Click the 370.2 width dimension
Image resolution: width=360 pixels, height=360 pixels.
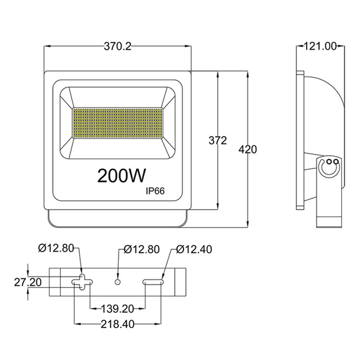(117, 46)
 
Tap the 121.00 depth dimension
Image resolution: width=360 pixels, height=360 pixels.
(320, 46)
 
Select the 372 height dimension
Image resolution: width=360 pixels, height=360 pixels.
(217, 140)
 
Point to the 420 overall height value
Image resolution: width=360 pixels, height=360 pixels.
(247, 149)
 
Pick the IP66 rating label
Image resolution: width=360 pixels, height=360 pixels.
(155, 191)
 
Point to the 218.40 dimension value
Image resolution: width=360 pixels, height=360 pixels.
(117, 324)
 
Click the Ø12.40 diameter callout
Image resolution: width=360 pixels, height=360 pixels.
(194, 249)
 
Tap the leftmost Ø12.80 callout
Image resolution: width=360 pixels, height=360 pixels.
(56, 248)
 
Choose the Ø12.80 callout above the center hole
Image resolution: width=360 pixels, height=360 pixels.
(141, 249)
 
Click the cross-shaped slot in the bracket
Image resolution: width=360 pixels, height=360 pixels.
(82, 281)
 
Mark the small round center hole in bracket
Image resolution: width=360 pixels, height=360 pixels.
(117, 282)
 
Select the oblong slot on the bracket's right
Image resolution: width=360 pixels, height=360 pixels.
(153, 282)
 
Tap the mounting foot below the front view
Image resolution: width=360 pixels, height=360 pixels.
(117, 219)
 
